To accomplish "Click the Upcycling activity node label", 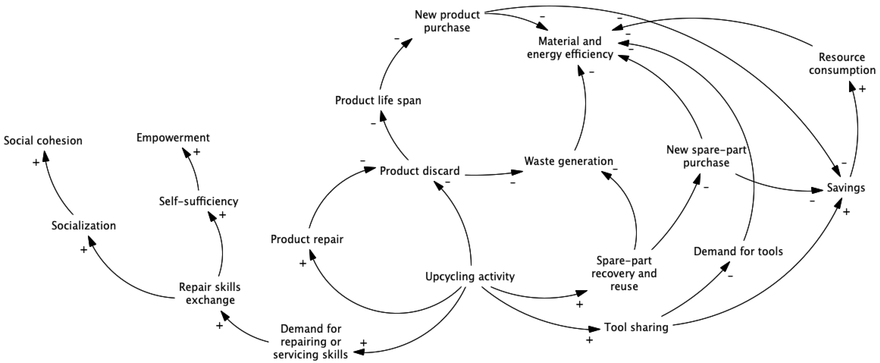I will tap(470, 276).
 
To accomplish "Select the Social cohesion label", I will tap(43, 140).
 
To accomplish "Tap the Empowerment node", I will tap(173, 137).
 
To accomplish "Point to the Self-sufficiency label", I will tap(199, 201).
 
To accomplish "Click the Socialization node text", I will tap(84, 226).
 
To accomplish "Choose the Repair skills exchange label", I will tap(210, 293).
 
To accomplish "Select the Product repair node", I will tap(307, 239).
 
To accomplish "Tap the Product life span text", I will tap(378, 100).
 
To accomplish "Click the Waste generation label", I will tap(568, 161).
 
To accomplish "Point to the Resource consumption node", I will tap(842, 64).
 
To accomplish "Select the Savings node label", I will tap(846, 188).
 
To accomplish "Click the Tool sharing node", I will tap(636, 327).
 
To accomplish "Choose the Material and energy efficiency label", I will tap(570, 47).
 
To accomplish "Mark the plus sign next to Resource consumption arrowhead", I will tap(862, 89).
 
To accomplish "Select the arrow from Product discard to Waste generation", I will tap(492, 174).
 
